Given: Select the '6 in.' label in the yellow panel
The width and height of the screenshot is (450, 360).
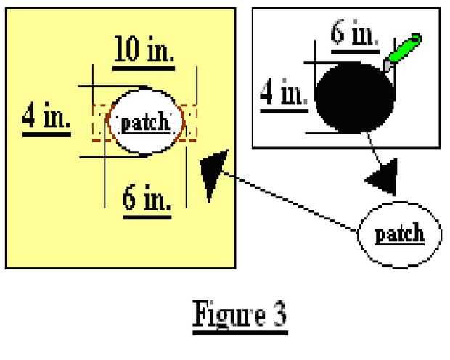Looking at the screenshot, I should point(146,199).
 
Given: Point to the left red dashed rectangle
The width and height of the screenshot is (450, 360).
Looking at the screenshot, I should point(99,122).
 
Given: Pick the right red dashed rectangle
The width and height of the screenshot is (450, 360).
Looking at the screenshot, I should point(188,122).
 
